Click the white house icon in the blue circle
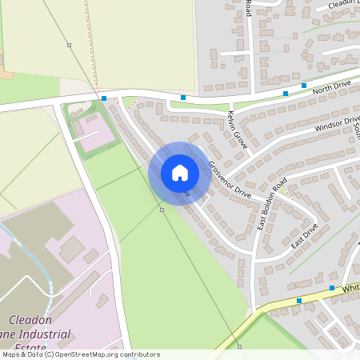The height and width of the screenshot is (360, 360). point(180,172)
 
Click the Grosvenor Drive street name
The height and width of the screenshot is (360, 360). point(230,180)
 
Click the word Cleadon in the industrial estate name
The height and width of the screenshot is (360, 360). point(31,320)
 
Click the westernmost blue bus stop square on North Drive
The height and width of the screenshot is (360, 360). point(105,98)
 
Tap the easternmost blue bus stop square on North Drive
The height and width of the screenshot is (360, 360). point(304,85)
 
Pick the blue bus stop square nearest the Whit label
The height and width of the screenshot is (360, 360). point(331,287)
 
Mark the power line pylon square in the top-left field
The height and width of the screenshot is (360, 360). point(70,45)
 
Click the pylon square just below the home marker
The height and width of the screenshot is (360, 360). point(162,210)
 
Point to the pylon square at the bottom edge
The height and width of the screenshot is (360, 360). point(239,346)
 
